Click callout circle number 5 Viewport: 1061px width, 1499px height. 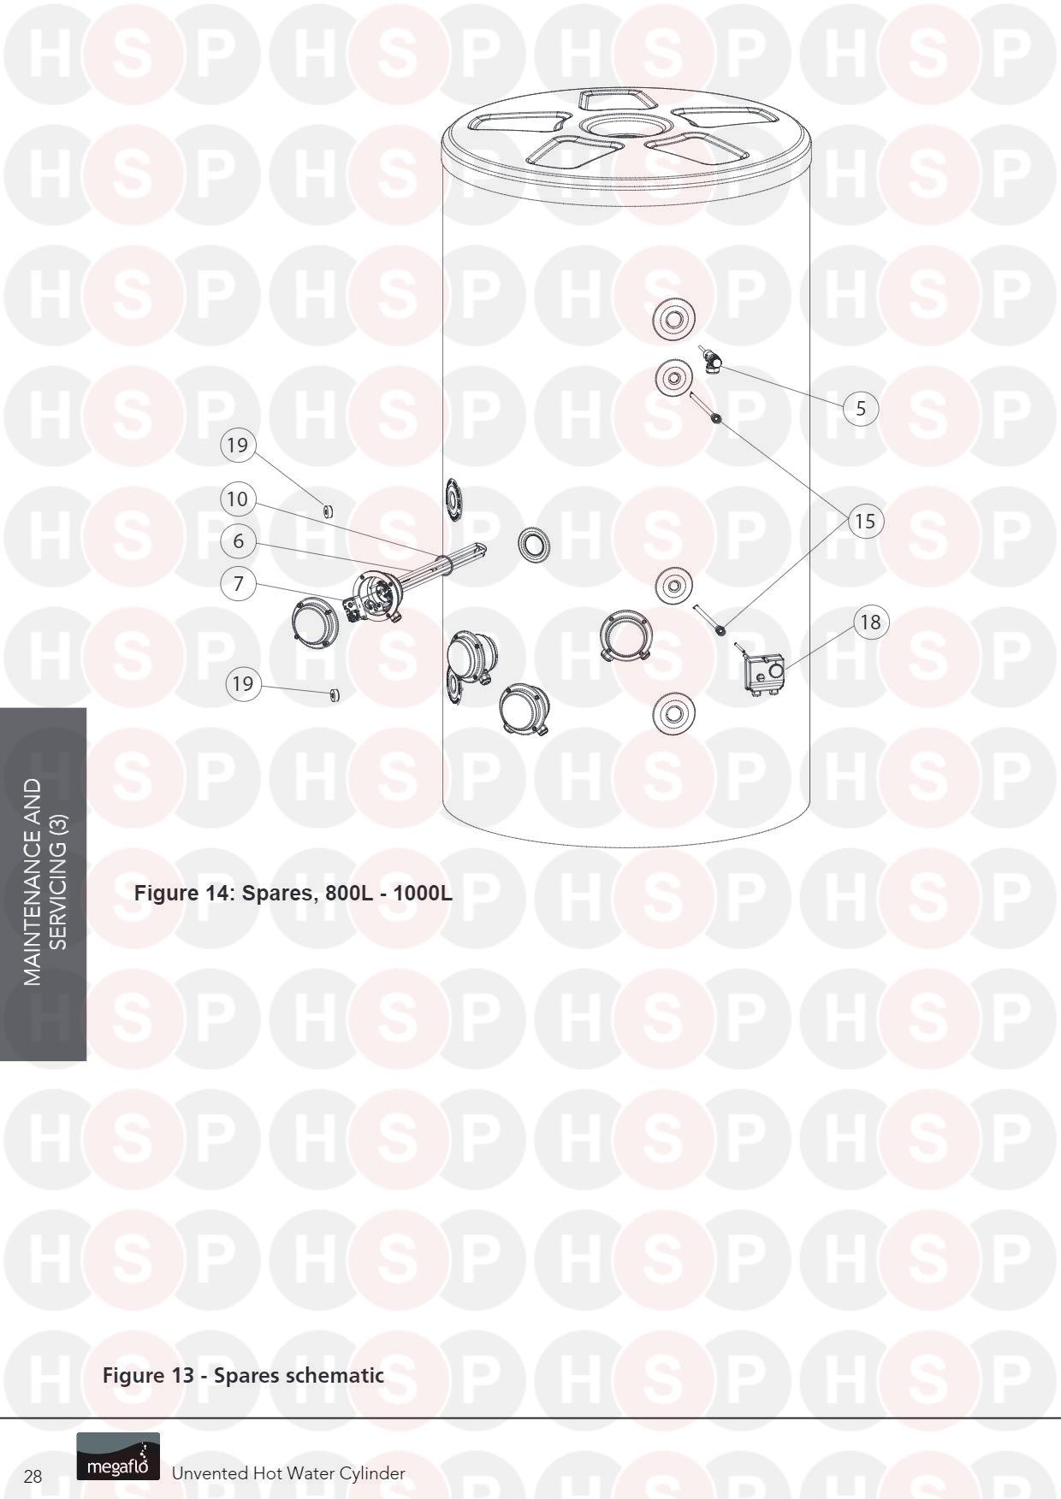(861, 408)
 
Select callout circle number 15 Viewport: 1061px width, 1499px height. (865, 521)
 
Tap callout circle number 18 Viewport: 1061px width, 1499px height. (870, 622)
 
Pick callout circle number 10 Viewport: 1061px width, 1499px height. (238, 499)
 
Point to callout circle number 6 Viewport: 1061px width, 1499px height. (238, 540)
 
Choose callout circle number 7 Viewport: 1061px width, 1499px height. (238, 584)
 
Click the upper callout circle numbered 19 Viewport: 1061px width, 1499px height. (238, 445)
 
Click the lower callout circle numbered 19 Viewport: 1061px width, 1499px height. (244, 683)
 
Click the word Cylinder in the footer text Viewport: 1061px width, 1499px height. (372, 1473)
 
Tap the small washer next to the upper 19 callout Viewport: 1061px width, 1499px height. (327, 511)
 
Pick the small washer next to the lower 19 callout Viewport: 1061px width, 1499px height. (335, 694)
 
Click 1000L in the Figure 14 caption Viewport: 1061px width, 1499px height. (423, 894)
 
